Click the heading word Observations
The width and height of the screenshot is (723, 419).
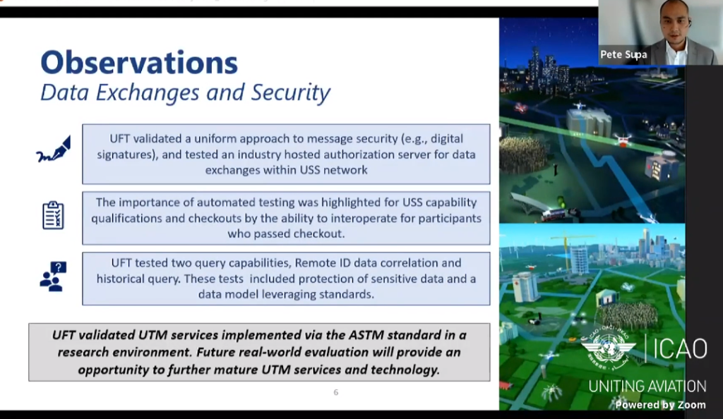[x=138, y=63]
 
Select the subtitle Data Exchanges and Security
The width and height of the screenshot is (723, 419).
[x=185, y=93]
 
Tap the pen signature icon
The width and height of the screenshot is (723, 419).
[x=54, y=150]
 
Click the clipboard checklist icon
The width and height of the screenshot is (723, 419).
[x=53, y=215]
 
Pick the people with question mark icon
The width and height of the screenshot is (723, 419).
[x=53, y=277]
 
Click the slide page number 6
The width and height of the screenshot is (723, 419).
[x=336, y=392]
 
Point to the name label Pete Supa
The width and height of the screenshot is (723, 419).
[x=623, y=54]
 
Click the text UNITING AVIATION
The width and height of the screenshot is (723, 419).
[x=647, y=386]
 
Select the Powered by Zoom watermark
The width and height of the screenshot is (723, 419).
[x=660, y=405]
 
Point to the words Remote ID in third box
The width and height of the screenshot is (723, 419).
[x=315, y=263]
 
